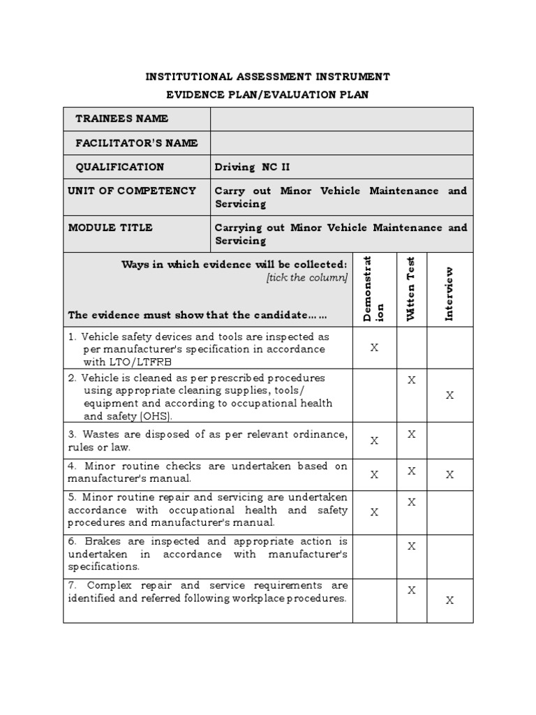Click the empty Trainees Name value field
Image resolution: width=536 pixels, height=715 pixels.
[x=341, y=119]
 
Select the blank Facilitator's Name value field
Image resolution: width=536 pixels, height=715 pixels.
[x=341, y=143]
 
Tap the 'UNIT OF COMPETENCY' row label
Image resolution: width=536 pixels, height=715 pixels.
[x=132, y=191]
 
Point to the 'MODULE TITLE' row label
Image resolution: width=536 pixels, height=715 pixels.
[x=110, y=228]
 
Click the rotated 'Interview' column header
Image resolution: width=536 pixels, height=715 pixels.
[x=449, y=293]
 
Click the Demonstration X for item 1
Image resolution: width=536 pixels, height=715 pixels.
[x=374, y=347]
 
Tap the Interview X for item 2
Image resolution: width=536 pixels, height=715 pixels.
[x=449, y=395]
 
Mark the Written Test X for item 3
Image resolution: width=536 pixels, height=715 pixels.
[x=412, y=434]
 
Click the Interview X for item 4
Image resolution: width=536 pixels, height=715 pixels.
[x=449, y=474]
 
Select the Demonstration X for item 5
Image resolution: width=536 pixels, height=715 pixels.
[x=374, y=512]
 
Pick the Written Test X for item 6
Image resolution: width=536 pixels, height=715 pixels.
[x=412, y=546]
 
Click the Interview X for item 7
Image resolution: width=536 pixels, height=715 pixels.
[x=449, y=600]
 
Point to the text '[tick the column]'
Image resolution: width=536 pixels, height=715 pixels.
[x=306, y=278]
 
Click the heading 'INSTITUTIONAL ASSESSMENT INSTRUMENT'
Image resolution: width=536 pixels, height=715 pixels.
[x=267, y=76]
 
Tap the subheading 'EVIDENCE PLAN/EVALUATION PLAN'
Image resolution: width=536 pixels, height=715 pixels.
[x=267, y=94]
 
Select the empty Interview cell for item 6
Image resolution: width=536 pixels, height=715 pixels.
[x=449, y=554]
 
